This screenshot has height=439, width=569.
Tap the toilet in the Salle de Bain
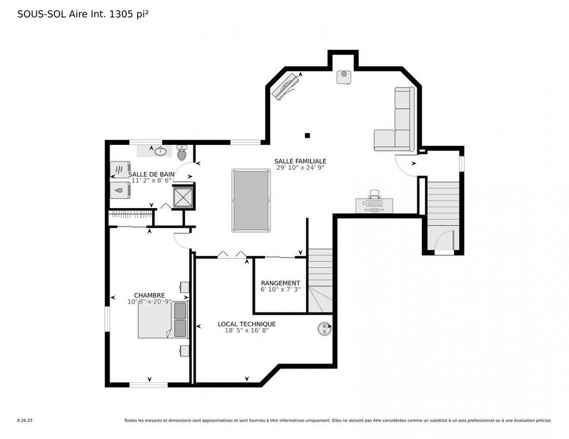point(182,152)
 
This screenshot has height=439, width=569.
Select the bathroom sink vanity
point(161,151)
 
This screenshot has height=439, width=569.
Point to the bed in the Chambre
point(162,320)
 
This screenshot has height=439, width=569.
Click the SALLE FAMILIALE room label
point(300,161)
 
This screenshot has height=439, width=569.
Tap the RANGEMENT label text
point(280,283)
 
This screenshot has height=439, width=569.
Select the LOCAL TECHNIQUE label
point(246,324)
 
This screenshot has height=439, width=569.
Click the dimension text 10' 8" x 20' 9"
point(149,302)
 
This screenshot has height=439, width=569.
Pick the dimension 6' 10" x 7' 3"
point(280,290)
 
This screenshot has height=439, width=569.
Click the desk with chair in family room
point(375,203)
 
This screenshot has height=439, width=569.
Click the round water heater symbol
point(323,329)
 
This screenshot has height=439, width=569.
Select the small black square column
point(307,135)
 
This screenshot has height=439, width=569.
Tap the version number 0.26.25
point(25,421)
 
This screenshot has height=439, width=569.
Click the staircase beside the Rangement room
point(321,279)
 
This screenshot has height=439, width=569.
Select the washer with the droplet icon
point(120,190)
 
